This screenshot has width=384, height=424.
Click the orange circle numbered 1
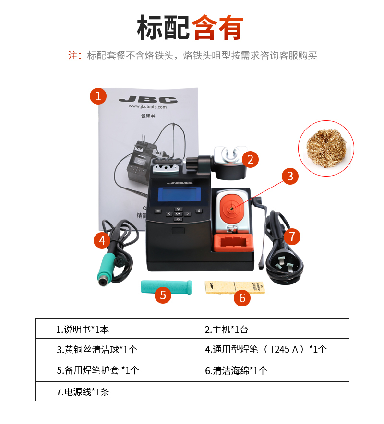point(98,96)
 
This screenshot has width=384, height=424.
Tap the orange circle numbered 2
point(251,159)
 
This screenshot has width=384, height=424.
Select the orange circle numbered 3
point(290,176)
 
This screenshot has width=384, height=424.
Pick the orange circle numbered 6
point(242,298)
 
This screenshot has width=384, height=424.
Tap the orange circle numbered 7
point(292,236)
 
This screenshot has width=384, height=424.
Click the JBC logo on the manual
point(148,100)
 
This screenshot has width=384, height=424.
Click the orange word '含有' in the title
point(218,27)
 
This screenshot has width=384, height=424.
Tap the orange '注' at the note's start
point(73,56)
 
